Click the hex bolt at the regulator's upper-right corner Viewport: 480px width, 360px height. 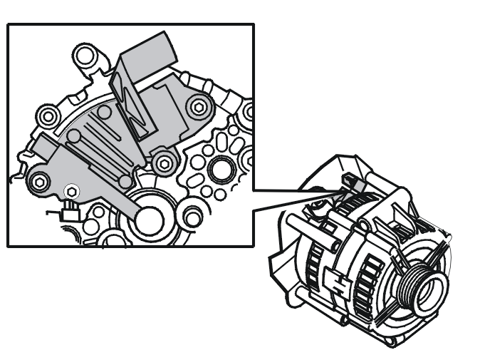pyautogui.click(x=199, y=107)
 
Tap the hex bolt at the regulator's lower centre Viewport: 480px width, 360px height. pyautogui.click(x=165, y=163)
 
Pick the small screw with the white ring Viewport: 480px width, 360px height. pyautogui.click(x=70, y=191)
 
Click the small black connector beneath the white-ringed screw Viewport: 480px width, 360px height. pyautogui.click(x=70, y=211)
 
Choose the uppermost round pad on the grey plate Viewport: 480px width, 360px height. pyautogui.click(x=104, y=112)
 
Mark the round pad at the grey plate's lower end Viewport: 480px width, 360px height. pyautogui.click(x=125, y=182)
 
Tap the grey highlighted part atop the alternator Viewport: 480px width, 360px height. pyautogui.click(x=354, y=185)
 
